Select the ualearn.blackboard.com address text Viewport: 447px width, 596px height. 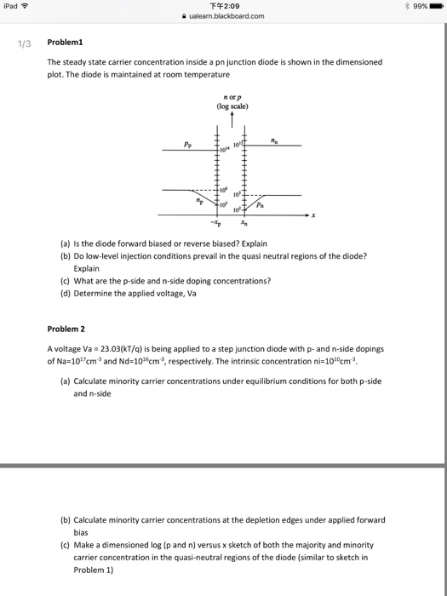pos(227,15)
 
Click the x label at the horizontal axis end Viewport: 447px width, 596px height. pos(313,215)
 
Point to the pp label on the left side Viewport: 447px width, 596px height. pos(185,144)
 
